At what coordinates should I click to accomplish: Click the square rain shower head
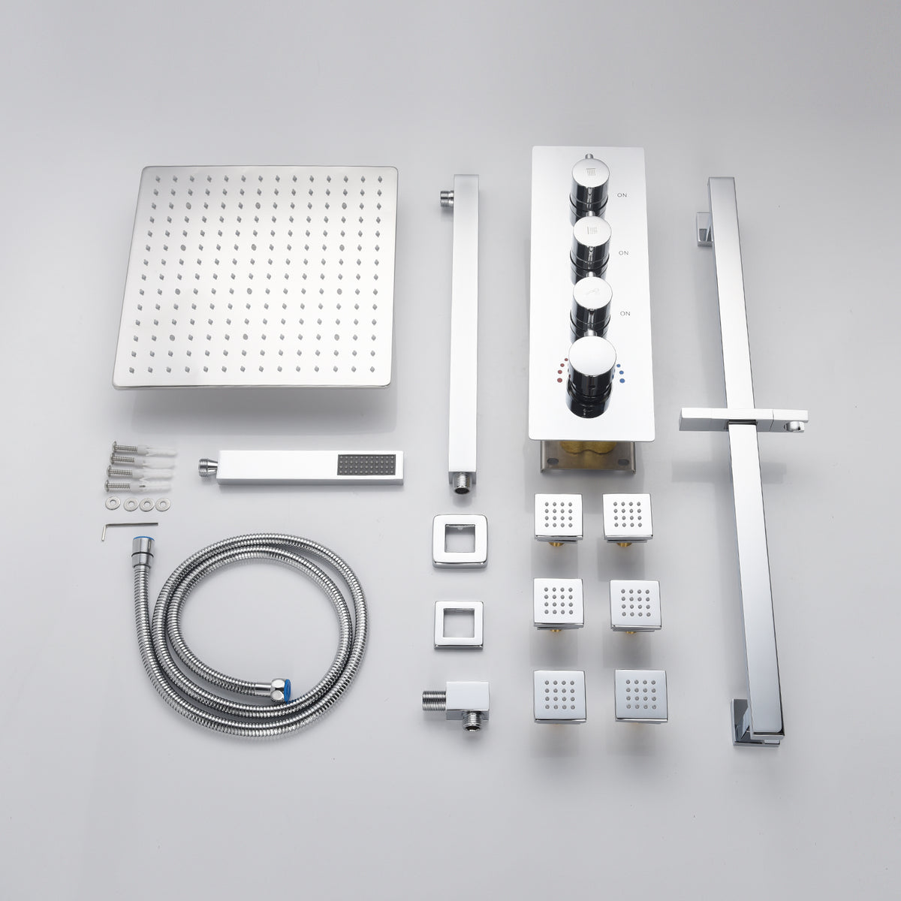coord(255,277)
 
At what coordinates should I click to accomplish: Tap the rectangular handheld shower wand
coord(301,467)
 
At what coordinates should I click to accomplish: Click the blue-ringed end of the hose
coord(140,546)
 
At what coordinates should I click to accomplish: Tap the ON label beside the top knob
coord(622,195)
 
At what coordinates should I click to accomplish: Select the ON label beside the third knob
coord(625,313)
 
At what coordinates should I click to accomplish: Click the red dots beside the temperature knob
coord(562,370)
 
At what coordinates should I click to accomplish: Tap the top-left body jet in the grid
coord(559,517)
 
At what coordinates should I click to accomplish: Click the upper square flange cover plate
coord(460,541)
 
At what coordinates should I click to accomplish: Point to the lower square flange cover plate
coord(459,625)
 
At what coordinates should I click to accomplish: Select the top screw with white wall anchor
coord(143,450)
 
